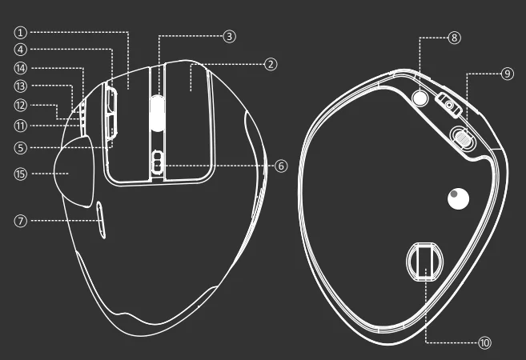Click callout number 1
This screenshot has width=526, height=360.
click(21, 33)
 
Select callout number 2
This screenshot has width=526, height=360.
click(271, 63)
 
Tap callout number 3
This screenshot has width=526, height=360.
click(229, 36)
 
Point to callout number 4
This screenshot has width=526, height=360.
click(21, 50)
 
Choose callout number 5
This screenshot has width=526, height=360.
click(21, 147)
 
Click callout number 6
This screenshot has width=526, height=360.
click(280, 166)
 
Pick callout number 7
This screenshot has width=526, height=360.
click(21, 220)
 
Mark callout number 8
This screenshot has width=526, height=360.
click(454, 38)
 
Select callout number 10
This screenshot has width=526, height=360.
click(484, 342)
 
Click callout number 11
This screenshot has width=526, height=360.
click(21, 125)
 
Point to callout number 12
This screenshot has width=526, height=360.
click(21, 105)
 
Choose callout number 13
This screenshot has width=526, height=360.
click(21, 86)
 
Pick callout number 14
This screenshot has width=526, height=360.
click(21, 68)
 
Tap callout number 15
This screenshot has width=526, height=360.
click(21, 171)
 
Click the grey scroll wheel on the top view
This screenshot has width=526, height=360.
click(159, 111)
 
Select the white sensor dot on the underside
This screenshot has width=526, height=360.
click(459, 199)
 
